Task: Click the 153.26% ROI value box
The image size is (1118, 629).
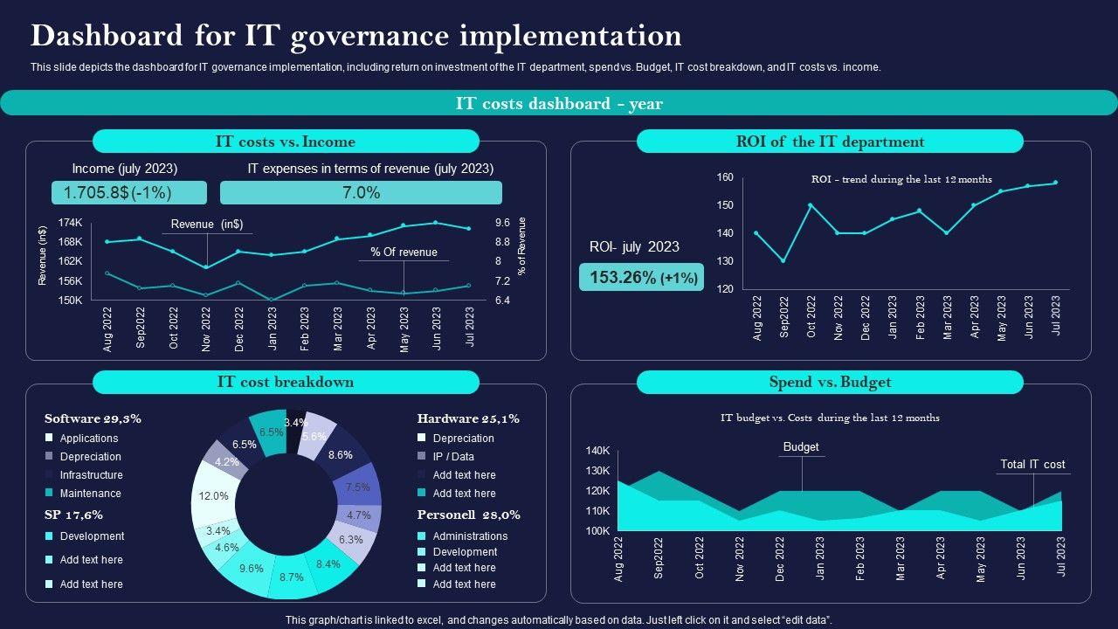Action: pos(641,278)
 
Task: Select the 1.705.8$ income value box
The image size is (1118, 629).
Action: pos(129,193)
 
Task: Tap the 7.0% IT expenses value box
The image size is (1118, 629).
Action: pos(361,193)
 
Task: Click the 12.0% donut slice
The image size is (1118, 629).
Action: pos(213,495)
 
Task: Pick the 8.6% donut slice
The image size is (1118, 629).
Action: pos(340,455)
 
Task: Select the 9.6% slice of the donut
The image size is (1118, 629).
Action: pos(251,568)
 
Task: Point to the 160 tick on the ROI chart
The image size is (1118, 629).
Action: pos(725,177)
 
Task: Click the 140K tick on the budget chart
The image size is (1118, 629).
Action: pos(598,451)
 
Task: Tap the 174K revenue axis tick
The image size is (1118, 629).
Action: pos(71,223)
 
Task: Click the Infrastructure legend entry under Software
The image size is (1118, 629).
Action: pos(91,475)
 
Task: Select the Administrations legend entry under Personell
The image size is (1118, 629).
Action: pos(470,536)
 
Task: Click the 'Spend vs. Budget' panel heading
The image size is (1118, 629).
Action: pos(830,382)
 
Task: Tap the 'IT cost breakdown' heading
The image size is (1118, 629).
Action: pos(286,382)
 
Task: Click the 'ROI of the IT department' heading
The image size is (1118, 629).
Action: pos(830,142)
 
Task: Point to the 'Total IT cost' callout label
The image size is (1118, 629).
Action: pos(1032,465)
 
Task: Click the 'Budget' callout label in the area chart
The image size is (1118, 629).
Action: pos(801,447)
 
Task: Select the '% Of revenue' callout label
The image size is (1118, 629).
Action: pos(404,252)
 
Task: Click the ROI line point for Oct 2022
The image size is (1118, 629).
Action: pos(811,205)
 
